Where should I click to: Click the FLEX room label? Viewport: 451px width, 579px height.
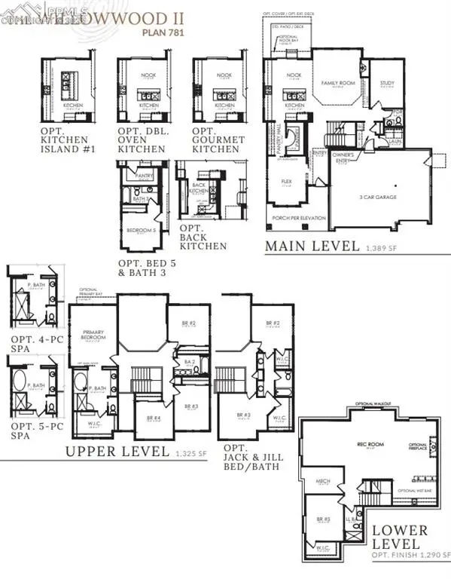pos(286,182)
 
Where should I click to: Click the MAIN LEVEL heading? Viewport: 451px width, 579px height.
pos(313,246)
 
